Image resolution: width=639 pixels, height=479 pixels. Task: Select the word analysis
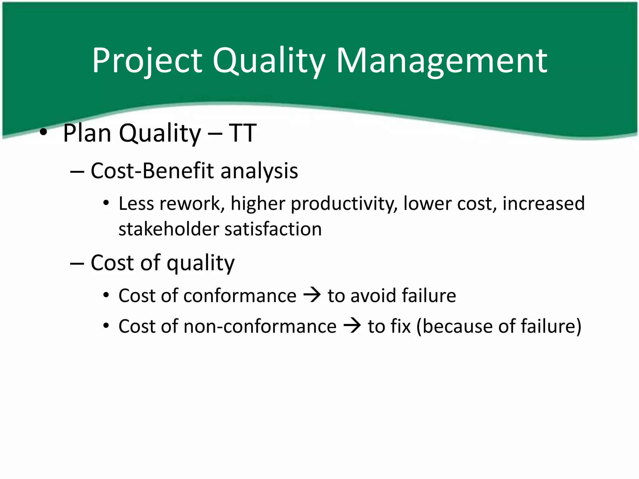(259, 172)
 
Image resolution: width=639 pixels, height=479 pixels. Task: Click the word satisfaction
(273, 229)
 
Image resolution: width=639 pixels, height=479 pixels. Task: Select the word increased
(544, 204)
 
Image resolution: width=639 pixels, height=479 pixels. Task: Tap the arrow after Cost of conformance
(312, 295)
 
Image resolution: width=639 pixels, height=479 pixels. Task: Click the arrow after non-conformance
(352, 326)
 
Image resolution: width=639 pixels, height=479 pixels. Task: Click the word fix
(400, 326)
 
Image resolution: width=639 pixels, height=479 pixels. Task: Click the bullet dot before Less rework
(106, 204)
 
